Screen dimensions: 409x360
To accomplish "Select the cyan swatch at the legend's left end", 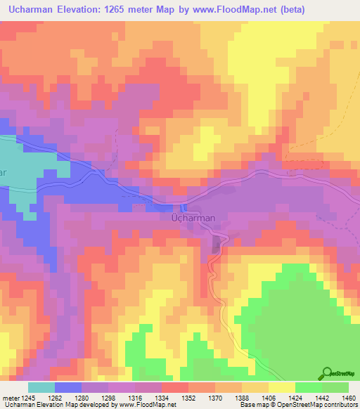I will tap(41, 387).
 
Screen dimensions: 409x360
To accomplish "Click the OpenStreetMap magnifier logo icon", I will tap(326, 374).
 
